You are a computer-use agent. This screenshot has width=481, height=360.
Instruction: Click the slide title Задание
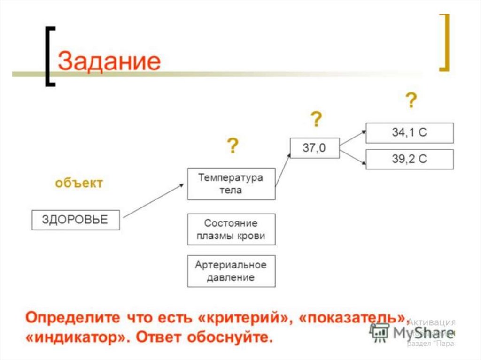109,61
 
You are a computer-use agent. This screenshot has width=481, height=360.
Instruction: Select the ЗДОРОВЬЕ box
76,220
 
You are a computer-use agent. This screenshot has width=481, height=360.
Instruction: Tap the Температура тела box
231,184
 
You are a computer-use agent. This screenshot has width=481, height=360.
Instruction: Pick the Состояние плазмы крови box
231,230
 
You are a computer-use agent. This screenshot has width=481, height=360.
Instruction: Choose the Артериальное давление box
231,271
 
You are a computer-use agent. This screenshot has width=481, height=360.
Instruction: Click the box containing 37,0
314,148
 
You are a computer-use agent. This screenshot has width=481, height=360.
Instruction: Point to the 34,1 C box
410,133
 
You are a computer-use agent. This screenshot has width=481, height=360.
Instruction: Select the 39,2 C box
410,159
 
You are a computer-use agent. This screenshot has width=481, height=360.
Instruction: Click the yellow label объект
78,183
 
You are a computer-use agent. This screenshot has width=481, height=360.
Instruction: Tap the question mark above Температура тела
233,146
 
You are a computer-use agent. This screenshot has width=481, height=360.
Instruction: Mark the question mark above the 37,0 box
317,120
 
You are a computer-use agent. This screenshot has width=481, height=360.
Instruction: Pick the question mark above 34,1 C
411,100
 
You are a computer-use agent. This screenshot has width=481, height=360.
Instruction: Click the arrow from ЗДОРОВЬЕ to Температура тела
153,201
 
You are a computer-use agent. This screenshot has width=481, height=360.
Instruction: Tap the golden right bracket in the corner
444,42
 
